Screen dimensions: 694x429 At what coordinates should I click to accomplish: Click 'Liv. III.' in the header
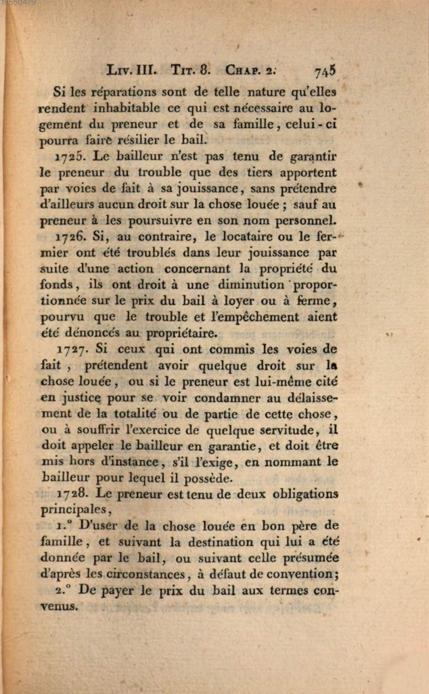[x=132, y=70]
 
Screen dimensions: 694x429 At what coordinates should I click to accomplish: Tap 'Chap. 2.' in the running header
[x=251, y=70]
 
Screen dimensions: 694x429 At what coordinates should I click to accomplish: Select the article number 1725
[x=69, y=156]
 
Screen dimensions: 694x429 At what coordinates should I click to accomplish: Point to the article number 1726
[x=69, y=237]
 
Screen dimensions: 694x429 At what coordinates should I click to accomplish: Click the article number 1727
[x=69, y=350]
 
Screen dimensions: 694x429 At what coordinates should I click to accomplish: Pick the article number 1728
[x=70, y=494]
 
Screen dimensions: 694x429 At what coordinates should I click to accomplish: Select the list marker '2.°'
[x=65, y=590]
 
